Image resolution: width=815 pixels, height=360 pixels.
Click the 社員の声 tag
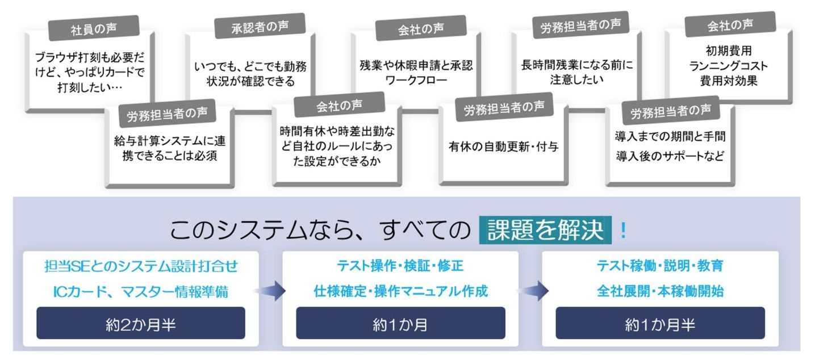(x=94, y=28)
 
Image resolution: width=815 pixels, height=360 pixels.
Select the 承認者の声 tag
(x=260, y=26)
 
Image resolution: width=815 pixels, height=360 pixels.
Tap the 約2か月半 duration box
(x=141, y=323)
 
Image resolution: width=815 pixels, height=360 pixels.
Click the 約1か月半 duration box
(x=660, y=323)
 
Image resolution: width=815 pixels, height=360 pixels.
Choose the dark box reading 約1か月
(x=400, y=323)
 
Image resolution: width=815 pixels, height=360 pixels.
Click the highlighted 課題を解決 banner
(x=545, y=230)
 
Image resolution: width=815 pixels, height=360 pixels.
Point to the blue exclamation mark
(x=623, y=230)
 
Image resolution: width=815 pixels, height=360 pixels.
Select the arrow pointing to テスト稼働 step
(x=533, y=291)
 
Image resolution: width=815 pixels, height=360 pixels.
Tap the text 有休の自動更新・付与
(x=504, y=146)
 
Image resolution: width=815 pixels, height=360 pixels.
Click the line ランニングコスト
(x=729, y=66)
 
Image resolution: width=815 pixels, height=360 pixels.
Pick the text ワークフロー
(x=416, y=80)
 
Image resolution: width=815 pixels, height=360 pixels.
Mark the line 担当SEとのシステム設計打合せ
(x=141, y=266)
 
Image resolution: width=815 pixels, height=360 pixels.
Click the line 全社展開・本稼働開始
(x=660, y=291)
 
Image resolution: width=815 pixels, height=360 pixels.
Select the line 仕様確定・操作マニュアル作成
(x=400, y=291)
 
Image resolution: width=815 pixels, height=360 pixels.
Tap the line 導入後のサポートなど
(x=670, y=156)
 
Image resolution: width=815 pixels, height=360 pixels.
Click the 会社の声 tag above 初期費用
(x=730, y=24)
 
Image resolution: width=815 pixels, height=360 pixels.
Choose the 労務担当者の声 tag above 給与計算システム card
(x=167, y=114)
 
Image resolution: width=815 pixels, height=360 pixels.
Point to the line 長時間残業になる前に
(x=576, y=65)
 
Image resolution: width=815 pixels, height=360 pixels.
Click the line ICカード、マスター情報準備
(x=141, y=291)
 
